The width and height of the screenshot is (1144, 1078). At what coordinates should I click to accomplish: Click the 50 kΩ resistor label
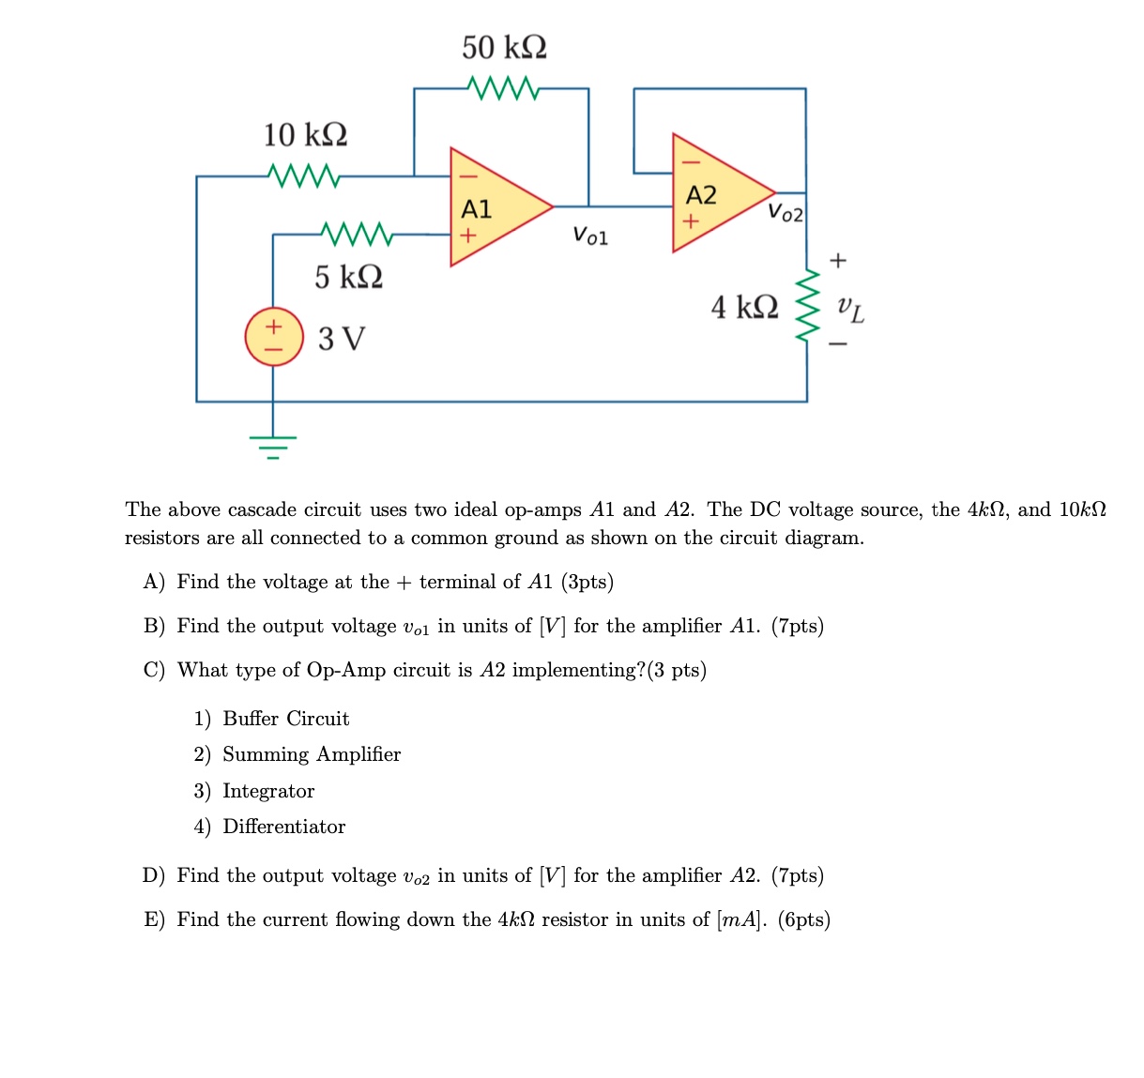point(504,47)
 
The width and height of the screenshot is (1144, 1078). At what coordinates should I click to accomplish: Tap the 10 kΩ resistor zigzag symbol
point(302,175)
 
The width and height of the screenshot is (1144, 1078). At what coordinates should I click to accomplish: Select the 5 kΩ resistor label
point(348,277)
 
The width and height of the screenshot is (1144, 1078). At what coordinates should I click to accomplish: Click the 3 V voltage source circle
point(273,337)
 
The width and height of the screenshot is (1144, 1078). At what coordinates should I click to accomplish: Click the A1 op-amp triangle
point(493,207)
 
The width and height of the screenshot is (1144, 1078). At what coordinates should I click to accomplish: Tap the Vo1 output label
point(590,235)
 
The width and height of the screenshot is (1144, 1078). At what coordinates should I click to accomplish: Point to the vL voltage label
point(850,307)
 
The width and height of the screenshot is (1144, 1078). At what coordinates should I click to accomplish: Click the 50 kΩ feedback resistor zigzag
point(504,88)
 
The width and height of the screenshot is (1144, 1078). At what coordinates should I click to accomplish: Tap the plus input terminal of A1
point(467,235)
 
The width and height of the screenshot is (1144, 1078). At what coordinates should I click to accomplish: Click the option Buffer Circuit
point(285,719)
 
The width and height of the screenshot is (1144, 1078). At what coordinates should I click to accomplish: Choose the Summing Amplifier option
point(311,754)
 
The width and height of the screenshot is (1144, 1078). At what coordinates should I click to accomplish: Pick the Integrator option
point(268,791)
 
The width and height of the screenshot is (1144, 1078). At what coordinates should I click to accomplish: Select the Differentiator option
point(283,827)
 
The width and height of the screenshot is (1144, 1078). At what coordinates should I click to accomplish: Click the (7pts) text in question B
point(797,626)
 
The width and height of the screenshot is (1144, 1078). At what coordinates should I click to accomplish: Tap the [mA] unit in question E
point(741,919)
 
